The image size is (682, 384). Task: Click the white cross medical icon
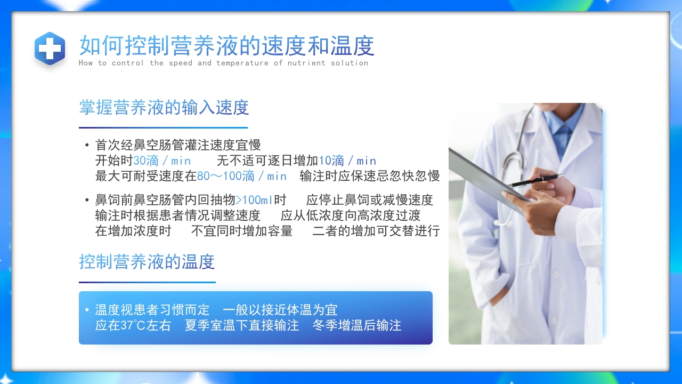[x=50, y=49]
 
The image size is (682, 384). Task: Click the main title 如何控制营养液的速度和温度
[x=226, y=46]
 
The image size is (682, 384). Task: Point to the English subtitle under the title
[x=223, y=63]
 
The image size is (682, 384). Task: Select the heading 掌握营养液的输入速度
[x=164, y=108]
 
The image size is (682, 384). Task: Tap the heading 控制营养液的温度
[x=147, y=262]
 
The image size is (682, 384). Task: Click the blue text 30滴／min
[x=162, y=161]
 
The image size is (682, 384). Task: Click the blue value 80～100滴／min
[x=242, y=176]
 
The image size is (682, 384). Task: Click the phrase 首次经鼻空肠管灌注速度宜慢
[x=178, y=145]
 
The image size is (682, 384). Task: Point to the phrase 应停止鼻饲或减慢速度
[x=370, y=200]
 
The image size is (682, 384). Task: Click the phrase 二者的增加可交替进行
[x=376, y=231]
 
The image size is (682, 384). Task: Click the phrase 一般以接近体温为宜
[x=280, y=310]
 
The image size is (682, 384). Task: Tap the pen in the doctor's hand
[x=535, y=180]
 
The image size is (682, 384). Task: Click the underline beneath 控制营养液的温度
[x=147, y=282]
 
